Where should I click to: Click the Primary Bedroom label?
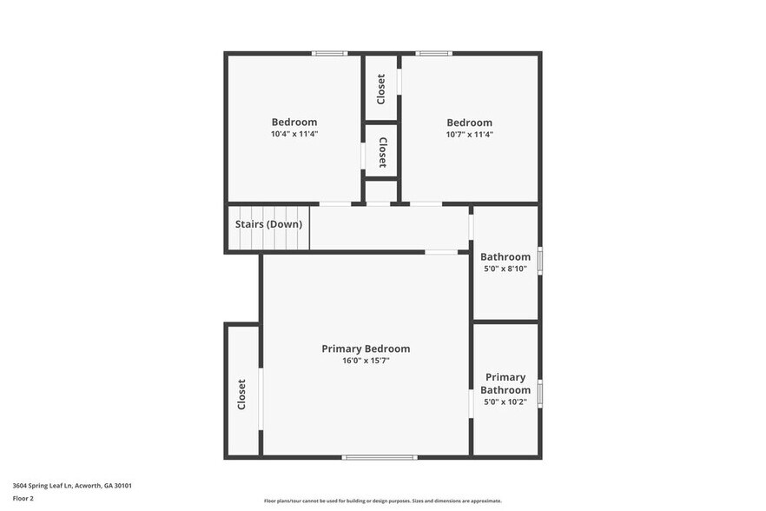point(366,348)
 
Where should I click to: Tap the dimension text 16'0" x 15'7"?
point(366,361)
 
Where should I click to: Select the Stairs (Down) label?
point(268,224)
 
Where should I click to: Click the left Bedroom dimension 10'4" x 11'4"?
point(294,134)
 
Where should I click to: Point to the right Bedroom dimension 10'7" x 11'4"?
point(469,134)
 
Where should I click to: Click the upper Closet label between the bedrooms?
point(381,89)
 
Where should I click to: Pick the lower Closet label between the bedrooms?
point(382,152)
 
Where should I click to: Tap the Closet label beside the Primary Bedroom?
point(242,394)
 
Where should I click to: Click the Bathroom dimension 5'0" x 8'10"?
point(505,269)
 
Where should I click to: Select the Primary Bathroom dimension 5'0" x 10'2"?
point(505,402)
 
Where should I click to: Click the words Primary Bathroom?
point(505,383)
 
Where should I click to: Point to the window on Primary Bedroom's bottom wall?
point(379,457)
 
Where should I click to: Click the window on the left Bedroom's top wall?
point(330,54)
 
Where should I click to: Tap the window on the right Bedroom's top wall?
point(433,54)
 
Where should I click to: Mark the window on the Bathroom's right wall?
point(539,261)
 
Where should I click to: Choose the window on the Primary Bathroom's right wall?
point(539,393)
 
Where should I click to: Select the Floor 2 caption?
point(23,499)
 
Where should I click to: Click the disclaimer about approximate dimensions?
point(383,501)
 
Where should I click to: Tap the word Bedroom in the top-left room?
point(294,123)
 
